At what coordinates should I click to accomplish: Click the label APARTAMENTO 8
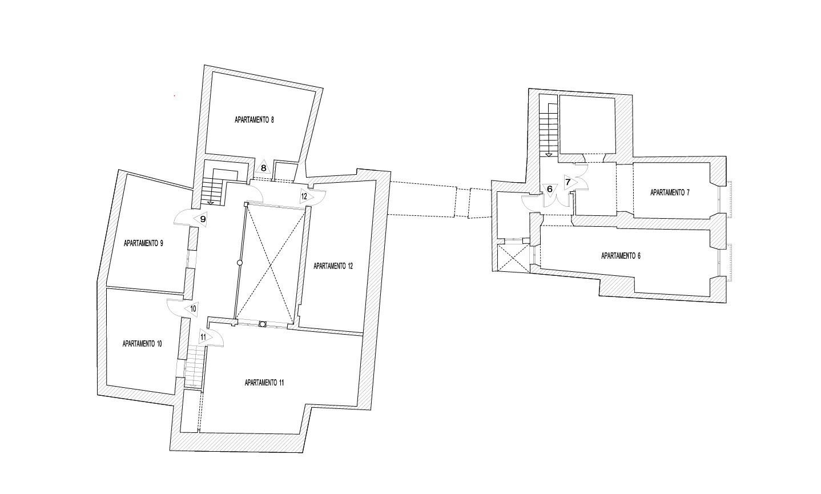(x=255, y=120)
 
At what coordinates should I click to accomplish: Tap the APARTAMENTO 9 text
(x=143, y=243)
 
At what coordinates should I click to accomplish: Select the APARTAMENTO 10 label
(x=142, y=344)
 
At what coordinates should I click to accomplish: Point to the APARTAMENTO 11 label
(x=264, y=383)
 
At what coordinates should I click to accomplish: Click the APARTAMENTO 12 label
(x=333, y=266)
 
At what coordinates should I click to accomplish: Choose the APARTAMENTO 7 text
(x=670, y=192)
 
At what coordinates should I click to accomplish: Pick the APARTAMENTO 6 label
(x=621, y=256)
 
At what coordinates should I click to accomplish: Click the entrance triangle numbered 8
(x=264, y=167)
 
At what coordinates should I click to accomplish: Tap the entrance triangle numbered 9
(x=202, y=219)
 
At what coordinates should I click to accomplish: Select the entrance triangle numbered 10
(x=192, y=309)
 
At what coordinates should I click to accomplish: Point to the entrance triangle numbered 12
(x=305, y=196)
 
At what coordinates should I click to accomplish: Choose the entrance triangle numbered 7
(x=569, y=182)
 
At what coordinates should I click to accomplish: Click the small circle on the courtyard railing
(x=240, y=263)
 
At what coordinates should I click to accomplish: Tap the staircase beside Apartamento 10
(x=194, y=367)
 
